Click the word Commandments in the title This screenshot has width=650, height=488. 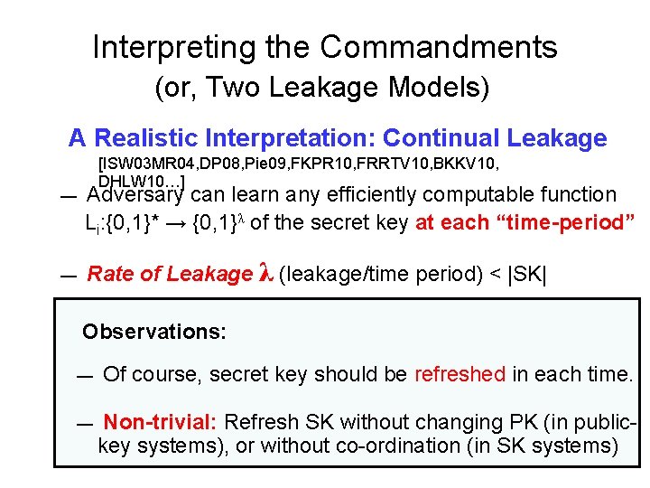click(439, 47)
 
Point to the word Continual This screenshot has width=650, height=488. click(441, 138)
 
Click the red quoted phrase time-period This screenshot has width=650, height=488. click(565, 222)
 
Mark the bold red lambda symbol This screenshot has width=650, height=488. click(265, 274)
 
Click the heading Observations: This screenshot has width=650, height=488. click(153, 332)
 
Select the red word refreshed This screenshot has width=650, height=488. click(460, 374)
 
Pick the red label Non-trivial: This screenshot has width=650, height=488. click(160, 422)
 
